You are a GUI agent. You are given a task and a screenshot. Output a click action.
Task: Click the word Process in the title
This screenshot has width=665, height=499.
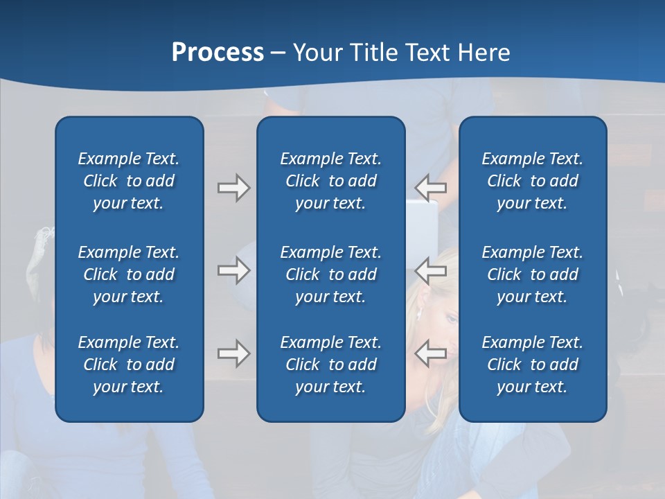(218, 52)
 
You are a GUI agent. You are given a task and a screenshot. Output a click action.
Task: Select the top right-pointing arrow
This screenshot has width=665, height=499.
(234, 188)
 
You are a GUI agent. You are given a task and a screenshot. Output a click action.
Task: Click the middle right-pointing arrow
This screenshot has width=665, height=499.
(234, 270)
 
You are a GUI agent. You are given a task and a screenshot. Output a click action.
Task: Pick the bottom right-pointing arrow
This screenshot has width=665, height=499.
(234, 353)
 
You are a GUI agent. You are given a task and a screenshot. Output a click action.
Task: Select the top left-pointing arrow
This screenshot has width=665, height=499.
(431, 188)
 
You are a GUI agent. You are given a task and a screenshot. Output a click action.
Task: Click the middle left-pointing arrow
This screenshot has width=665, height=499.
(431, 270)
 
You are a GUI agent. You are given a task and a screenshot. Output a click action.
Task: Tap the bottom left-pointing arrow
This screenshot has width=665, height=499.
(431, 353)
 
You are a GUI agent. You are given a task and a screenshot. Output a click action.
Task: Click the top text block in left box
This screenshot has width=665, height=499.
(129, 181)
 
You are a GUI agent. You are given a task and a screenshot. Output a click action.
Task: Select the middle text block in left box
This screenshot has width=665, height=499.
(129, 274)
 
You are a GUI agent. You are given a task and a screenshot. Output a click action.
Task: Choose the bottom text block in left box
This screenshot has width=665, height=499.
(129, 365)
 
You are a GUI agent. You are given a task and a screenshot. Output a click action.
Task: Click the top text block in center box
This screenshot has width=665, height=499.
(330, 181)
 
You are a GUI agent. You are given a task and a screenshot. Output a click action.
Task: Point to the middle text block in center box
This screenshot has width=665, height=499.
(330, 274)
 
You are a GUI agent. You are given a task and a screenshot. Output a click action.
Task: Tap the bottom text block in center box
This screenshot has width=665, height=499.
(330, 365)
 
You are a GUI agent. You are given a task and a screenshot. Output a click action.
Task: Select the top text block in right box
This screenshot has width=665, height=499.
(532, 181)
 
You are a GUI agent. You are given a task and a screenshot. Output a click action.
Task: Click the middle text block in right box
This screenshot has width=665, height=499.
(532, 274)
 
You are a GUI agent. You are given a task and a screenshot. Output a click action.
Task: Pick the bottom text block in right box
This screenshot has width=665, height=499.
(532, 365)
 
